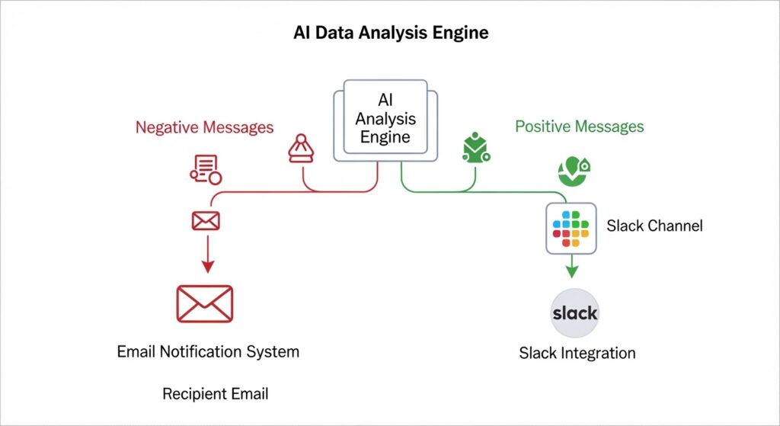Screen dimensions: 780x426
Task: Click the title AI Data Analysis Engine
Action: coord(391,33)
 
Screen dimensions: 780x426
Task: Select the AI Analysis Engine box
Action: coord(385,120)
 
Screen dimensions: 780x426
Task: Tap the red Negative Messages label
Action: coord(204,127)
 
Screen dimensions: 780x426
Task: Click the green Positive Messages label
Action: coord(580,127)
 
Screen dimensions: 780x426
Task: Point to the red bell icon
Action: coord(301,149)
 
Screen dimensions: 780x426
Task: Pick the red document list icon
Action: coord(206,170)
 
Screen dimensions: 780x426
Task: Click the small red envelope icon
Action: coord(206,221)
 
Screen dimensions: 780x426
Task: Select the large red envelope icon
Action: coord(205,303)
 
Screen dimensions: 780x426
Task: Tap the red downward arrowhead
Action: coord(208,266)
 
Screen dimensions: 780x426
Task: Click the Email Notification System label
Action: coord(208,352)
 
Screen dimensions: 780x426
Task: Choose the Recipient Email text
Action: coord(216,394)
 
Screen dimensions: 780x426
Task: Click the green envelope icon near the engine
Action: coord(475,149)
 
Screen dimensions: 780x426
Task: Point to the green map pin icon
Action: coord(574,171)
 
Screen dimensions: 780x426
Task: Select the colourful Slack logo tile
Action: coord(571,229)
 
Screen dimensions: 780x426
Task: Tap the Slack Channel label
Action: coord(654,226)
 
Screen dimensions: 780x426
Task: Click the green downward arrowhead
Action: coord(572,272)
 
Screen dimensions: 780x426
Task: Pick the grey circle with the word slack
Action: coord(574,313)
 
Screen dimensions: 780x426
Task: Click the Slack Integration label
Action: coord(577,354)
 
